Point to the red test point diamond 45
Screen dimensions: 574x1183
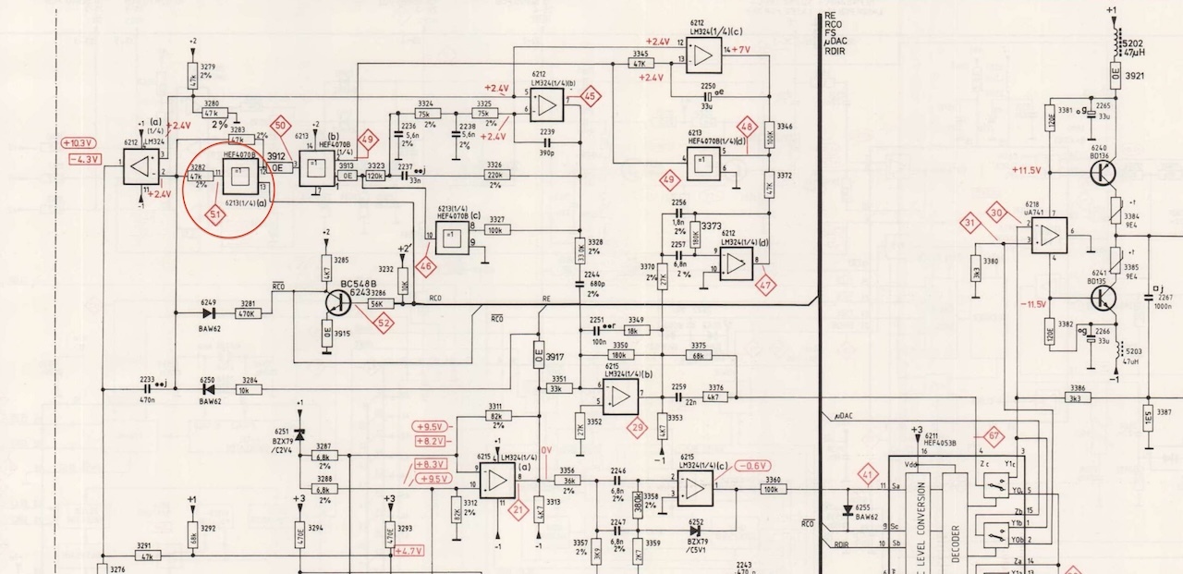pos(589,96)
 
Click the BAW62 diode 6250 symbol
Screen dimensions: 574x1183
pos(208,391)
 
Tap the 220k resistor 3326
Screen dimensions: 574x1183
pos(494,175)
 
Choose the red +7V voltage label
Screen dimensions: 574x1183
pos(741,49)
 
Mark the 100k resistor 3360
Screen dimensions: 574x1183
pos(773,489)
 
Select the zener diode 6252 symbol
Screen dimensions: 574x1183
pos(694,531)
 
